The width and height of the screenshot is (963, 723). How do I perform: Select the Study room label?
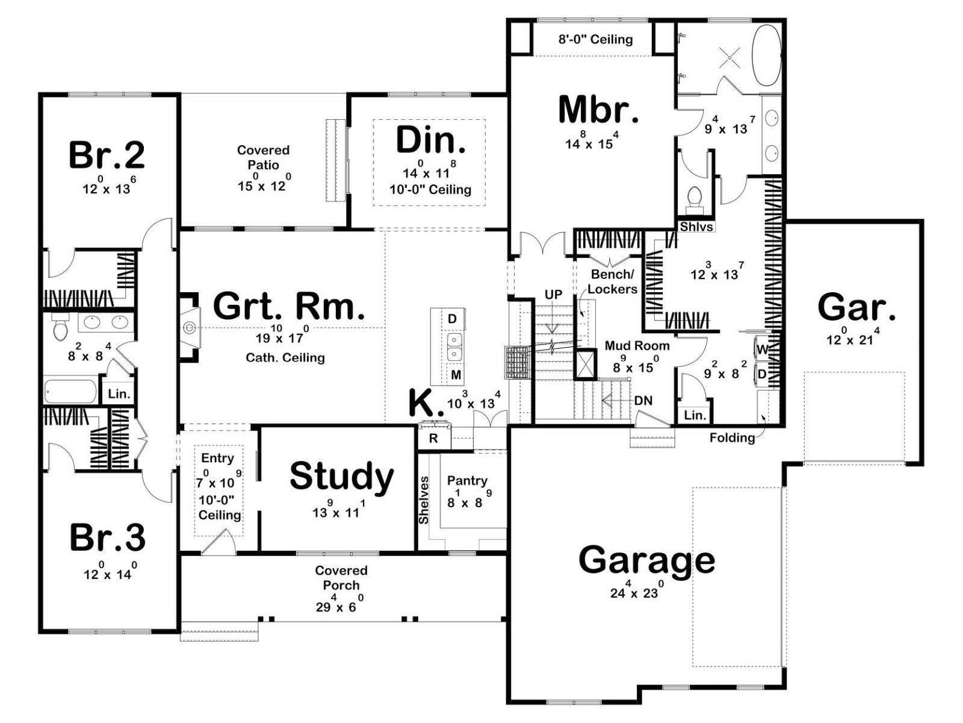click(342, 477)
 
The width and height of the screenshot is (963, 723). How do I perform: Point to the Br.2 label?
click(107, 155)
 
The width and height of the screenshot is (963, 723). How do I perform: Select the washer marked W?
click(763, 350)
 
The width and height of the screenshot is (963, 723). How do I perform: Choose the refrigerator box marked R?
click(433, 438)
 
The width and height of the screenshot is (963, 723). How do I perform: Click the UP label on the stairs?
click(553, 295)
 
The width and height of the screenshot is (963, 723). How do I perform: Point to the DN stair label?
click(643, 400)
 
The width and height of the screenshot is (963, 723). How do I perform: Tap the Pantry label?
click(467, 481)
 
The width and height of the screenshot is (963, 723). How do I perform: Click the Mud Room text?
click(637, 345)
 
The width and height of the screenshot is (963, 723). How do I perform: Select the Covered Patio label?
click(263, 157)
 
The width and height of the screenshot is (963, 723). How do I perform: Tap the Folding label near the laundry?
click(732, 437)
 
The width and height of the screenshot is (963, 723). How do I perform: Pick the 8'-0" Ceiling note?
click(595, 40)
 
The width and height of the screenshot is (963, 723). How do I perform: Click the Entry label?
click(217, 458)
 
